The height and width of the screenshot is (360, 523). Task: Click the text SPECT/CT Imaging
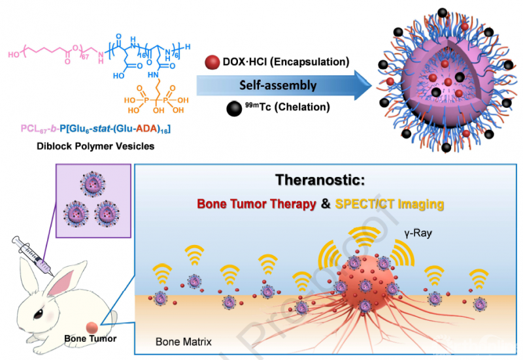tap(391, 205)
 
